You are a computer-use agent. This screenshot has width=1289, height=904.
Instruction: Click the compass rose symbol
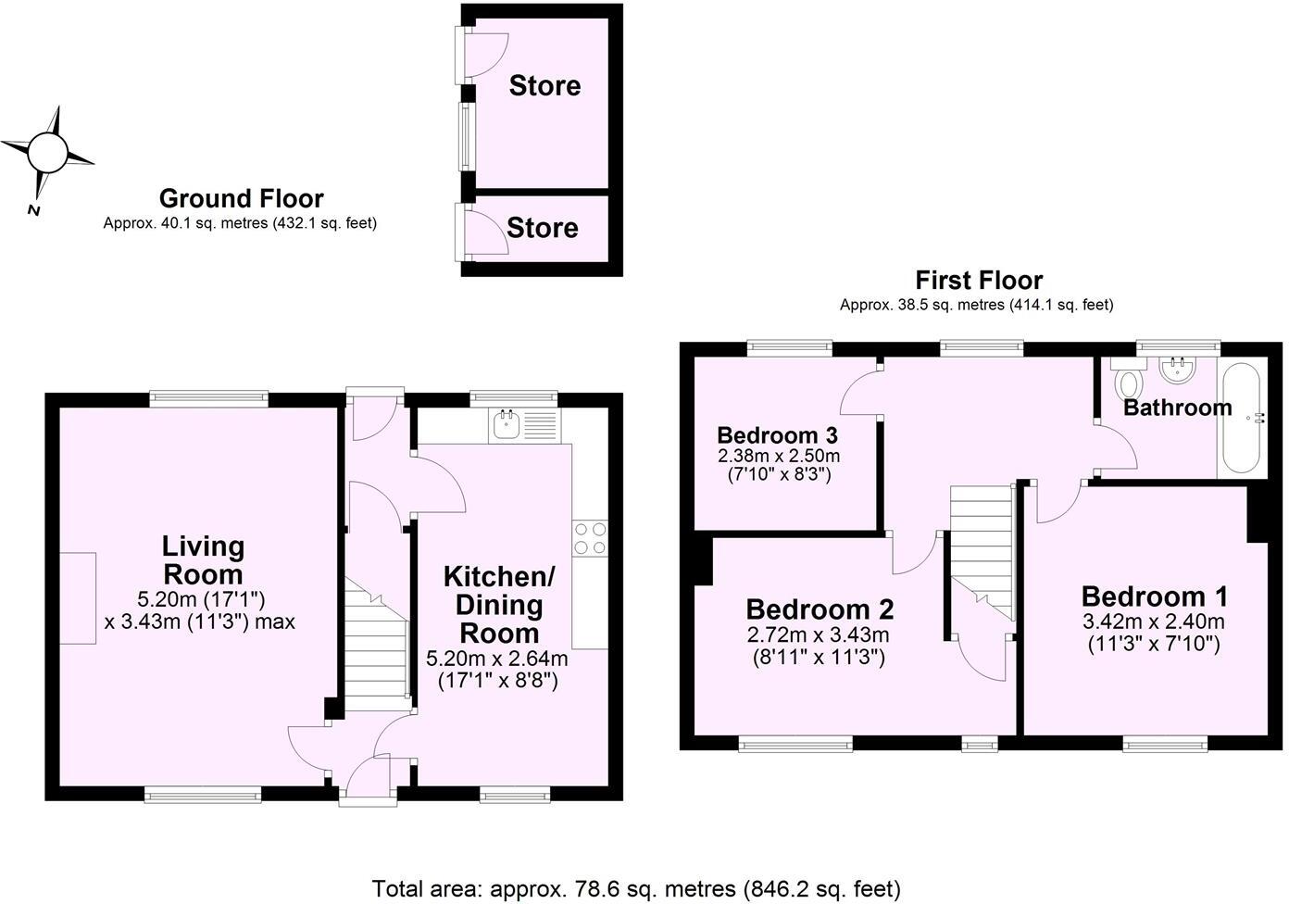click(47, 152)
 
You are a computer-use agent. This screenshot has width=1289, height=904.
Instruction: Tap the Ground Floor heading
click(241, 198)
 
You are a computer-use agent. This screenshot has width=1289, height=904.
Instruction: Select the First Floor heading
click(979, 280)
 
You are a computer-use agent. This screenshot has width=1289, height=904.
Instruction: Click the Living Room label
click(203, 559)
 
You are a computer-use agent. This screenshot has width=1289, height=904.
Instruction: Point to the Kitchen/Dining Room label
click(498, 605)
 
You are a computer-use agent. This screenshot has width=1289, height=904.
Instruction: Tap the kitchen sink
click(506, 425)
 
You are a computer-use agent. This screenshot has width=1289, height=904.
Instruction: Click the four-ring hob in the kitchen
click(590, 538)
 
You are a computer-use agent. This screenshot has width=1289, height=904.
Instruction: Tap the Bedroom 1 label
click(1154, 596)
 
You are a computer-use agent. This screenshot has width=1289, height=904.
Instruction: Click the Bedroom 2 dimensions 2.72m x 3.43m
click(818, 635)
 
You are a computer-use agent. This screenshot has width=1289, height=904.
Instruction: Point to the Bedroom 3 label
click(778, 435)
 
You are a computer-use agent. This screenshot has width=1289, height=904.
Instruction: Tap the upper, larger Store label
click(544, 86)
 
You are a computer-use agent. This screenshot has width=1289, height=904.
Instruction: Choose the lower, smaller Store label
click(542, 228)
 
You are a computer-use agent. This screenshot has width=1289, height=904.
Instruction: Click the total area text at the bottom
click(635, 889)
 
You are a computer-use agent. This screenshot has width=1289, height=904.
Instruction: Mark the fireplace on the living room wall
click(78, 597)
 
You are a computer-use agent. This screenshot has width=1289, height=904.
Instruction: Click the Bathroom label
click(1177, 408)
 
